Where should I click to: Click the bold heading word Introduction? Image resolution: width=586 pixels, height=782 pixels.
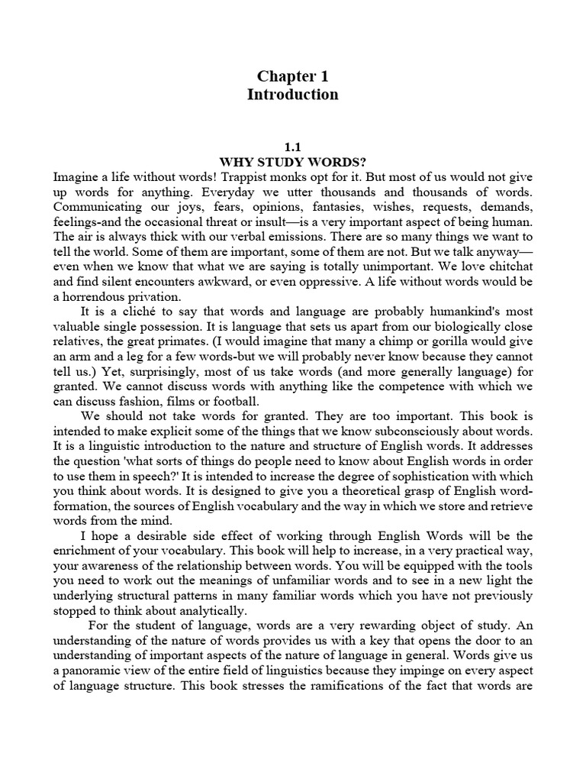pyautogui.click(x=292, y=95)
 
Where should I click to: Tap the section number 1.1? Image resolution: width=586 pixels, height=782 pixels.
pyautogui.click(x=293, y=147)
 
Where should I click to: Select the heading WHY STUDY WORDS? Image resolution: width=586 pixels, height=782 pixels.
pyautogui.click(x=292, y=162)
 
